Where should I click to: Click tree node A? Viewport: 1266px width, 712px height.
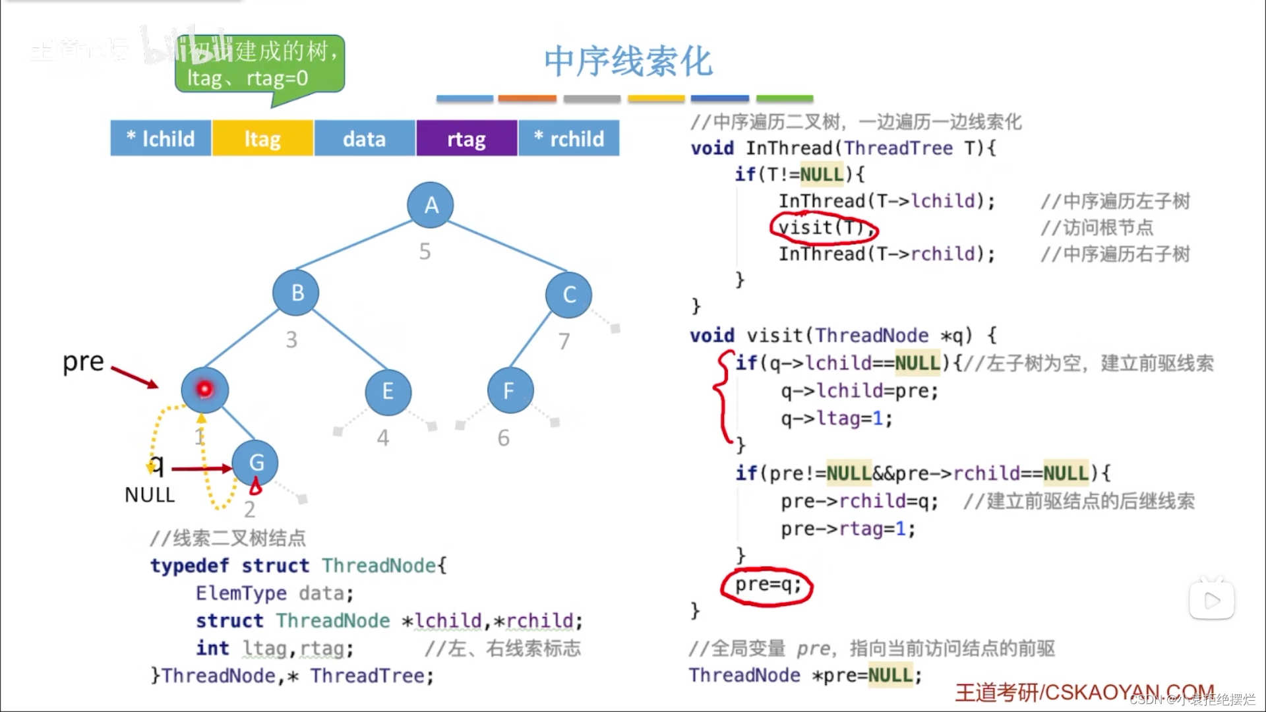click(431, 205)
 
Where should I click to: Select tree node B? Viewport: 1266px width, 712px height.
click(296, 292)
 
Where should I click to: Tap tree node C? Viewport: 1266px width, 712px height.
click(568, 294)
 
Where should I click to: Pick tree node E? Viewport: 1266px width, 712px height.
click(388, 392)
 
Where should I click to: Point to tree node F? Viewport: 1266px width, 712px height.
click(510, 391)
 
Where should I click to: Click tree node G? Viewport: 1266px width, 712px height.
click(255, 463)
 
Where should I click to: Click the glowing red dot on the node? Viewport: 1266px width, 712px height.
click(204, 389)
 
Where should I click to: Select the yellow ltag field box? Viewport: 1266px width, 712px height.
click(262, 138)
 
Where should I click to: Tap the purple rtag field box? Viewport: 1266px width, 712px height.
click(466, 138)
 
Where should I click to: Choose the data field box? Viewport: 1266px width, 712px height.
click(364, 138)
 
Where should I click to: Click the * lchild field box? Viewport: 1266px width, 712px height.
click(161, 138)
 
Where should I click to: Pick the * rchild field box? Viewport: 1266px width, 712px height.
click(569, 138)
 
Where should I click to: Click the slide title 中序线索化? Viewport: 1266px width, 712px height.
click(628, 61)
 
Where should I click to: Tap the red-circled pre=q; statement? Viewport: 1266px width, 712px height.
click(767, 585)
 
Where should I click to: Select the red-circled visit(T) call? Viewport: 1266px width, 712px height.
click(823, 227)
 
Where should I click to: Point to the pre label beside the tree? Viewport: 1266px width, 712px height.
click(83, 361)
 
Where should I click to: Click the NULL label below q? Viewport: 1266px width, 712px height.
click(150, 495)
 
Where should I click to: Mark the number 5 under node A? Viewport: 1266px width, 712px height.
click(425, 251)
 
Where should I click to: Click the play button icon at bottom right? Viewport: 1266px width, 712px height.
click(1211, 600)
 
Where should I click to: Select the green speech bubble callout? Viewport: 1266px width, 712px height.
click(260, 65)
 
